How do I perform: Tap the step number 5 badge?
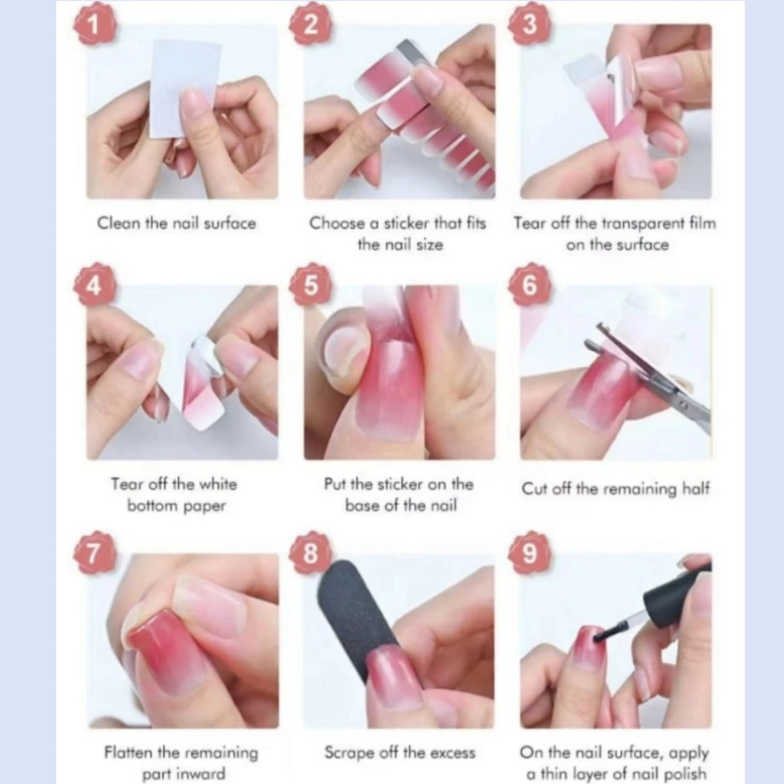click(x=311, y=284)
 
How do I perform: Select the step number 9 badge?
click(x=530, y=553)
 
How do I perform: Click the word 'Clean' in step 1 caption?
click(x=119, y=223)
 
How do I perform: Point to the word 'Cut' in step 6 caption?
click(x=533, y=488)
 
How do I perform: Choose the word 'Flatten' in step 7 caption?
click(x=129, y=752)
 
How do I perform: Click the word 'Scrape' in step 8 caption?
click(x=349, y=753)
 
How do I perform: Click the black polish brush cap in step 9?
click(x=675, y=593)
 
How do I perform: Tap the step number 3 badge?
click(x=530, y=24)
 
